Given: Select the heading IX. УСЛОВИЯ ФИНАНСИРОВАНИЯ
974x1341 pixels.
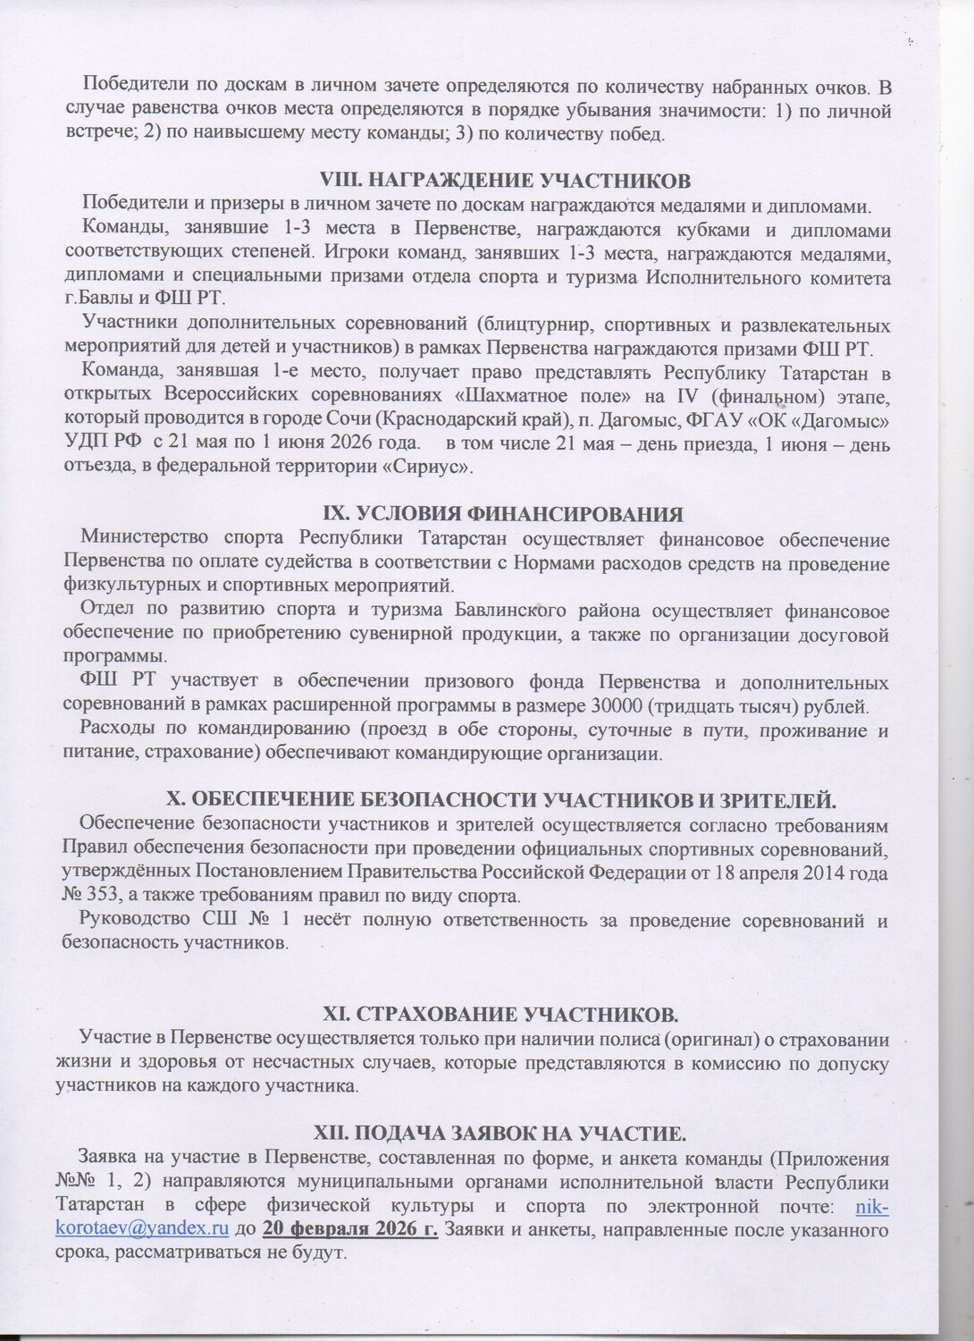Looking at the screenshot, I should point(502,514).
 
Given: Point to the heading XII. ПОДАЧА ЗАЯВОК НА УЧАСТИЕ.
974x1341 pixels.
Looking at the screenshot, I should point(502,1134).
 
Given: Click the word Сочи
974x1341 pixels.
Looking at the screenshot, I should point(374,419).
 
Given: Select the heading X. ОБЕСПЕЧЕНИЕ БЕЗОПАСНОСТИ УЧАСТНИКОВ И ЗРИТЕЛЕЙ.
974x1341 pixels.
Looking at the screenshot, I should point(502,798).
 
